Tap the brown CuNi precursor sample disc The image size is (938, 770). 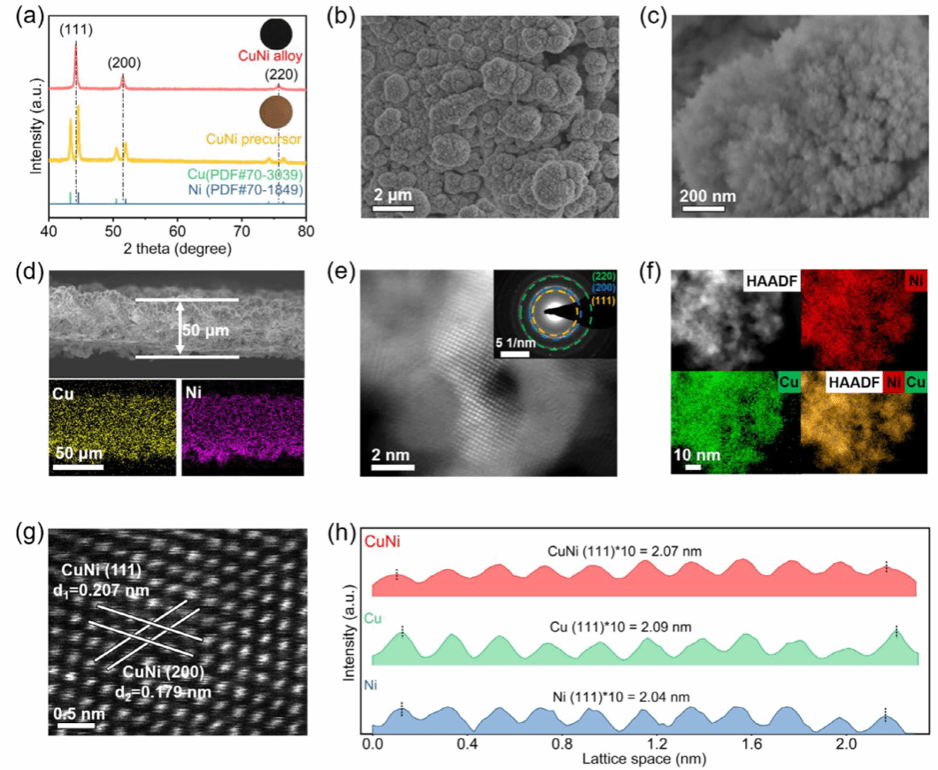[x=276, y=112]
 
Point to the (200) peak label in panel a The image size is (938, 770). [x=123, y=64]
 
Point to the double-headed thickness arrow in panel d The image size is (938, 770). [x=181, y=327]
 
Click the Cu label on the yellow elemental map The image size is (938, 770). [x=63, y=391]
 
